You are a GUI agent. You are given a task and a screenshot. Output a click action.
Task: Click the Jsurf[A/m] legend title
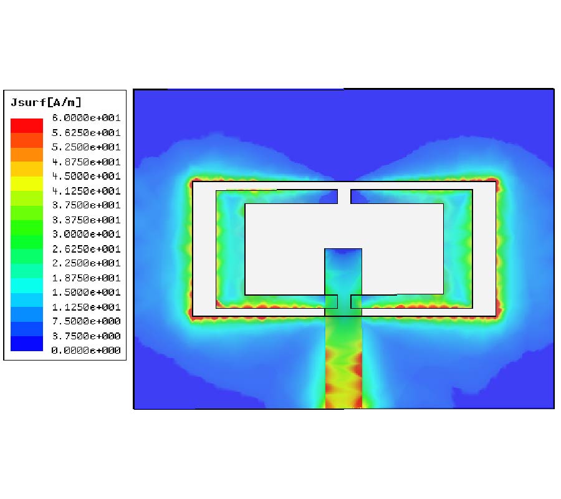[46, 102]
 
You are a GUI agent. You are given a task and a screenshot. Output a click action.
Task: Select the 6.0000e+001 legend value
[85, 118]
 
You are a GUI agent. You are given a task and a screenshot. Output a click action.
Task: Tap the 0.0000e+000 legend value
[85, 351]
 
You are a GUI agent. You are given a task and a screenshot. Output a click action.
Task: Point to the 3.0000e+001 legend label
[85, 234]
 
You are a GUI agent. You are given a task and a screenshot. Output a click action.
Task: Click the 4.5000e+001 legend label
[85, 176]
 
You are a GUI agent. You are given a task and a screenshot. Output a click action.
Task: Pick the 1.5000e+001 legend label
[85, 292]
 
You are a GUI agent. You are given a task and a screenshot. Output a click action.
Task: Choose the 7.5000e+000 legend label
[85, 321]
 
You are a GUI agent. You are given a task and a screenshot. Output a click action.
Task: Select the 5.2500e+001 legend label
[85, 147]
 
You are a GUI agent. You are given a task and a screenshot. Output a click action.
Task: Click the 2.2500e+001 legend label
[85, 263]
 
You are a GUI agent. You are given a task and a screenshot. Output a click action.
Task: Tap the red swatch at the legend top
[27, 125]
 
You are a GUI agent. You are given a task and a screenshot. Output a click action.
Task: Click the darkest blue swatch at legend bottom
[27, 344]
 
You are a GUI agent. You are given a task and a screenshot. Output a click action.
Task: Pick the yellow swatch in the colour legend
[27, 183]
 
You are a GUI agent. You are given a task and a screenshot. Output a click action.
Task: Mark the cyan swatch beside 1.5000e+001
[27, 285]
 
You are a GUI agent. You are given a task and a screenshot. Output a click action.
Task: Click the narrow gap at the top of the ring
[344, 196]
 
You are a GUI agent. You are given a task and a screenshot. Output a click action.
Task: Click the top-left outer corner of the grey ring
[193, 182]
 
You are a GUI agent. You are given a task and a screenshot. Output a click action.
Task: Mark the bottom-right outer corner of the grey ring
[496, 316]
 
